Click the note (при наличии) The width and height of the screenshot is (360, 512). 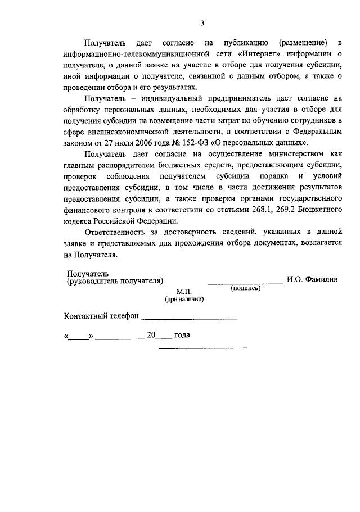184,300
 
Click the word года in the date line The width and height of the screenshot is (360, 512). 182,335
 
